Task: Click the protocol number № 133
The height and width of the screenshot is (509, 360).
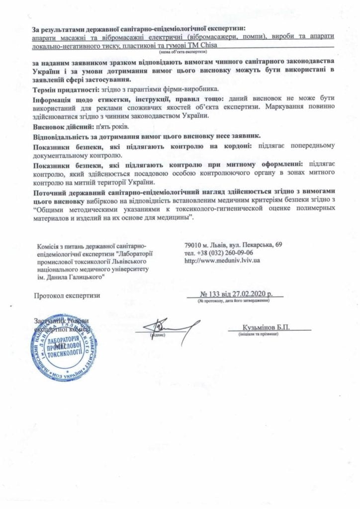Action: (211, 295)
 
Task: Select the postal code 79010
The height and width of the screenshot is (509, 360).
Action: (193, 245)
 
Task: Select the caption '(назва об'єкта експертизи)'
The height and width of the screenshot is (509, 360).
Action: (182, 52)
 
